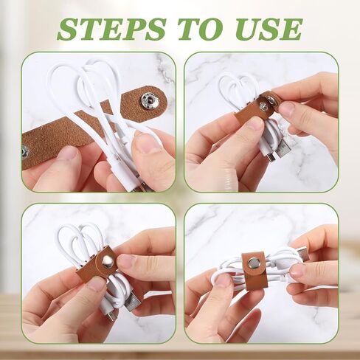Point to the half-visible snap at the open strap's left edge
tap(24, 152)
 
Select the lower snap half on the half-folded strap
tap(263, 106)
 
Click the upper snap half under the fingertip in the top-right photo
tap(272, 100)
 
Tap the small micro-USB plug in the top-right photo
tap(269, 154)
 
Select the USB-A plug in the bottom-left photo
tap(133, 301)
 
